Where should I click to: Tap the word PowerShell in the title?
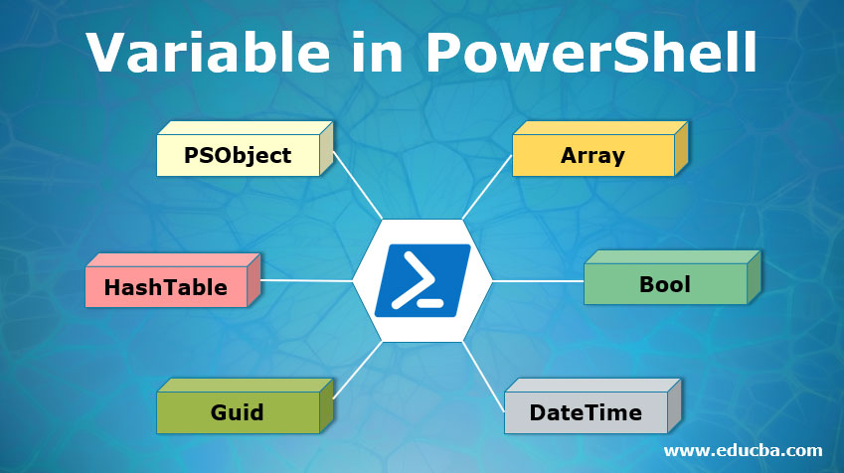click(x=587, y=52)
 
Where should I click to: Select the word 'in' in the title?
click(x=371, y=52)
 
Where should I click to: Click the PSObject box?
click(x=238, y=155)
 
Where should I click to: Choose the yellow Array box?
click(x=592, y=155)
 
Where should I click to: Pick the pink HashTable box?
click(x=165, y=287)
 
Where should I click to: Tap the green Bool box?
click(x=664, y=285)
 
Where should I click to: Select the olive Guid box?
click(x=237, y=411)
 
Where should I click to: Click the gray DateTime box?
click(x=586, y=411)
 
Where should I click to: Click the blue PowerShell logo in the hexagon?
click(x=422, y=280)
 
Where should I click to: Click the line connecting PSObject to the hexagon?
click(x=358, y=186)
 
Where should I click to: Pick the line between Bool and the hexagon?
click(x=537, y=281)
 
